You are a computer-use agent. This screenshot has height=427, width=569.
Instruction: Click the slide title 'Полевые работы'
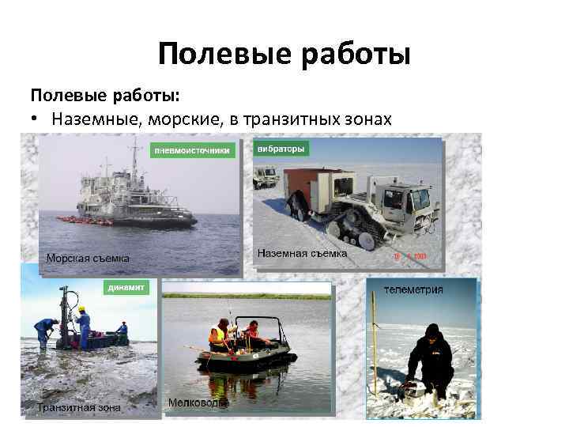(284, 55)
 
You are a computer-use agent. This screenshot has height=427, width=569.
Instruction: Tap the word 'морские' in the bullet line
(185, 119)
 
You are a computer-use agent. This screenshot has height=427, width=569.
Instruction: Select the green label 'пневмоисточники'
(194, 149)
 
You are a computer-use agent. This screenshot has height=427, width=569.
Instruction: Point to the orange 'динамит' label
(126, 288)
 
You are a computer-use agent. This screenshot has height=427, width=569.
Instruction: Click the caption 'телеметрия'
(413, 289)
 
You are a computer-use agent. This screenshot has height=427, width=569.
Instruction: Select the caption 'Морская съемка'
(88, 258)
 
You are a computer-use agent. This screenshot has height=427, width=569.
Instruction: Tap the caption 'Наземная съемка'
(302, 254)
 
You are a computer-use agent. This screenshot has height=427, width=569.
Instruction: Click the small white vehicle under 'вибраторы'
(266, 176)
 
